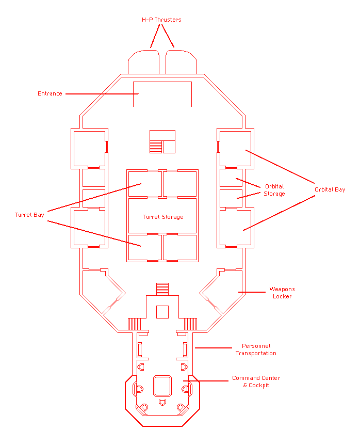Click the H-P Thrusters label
(161, 20)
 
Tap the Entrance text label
(50, 94)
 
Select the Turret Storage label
(163, 217)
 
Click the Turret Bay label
(29, 215)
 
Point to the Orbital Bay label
(330, 190)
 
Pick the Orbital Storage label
(274, 190)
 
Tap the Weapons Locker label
(282, 293)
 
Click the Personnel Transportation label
(256, 349)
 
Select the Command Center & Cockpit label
(256, 381)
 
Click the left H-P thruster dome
(143, 62)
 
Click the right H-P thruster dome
(181, 62)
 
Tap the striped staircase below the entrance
(156, 147)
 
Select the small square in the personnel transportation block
(162, 312)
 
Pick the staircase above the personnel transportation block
(162, 289)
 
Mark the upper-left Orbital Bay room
(89, 148)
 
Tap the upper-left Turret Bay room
(144, 183)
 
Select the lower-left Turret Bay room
(144, 247)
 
